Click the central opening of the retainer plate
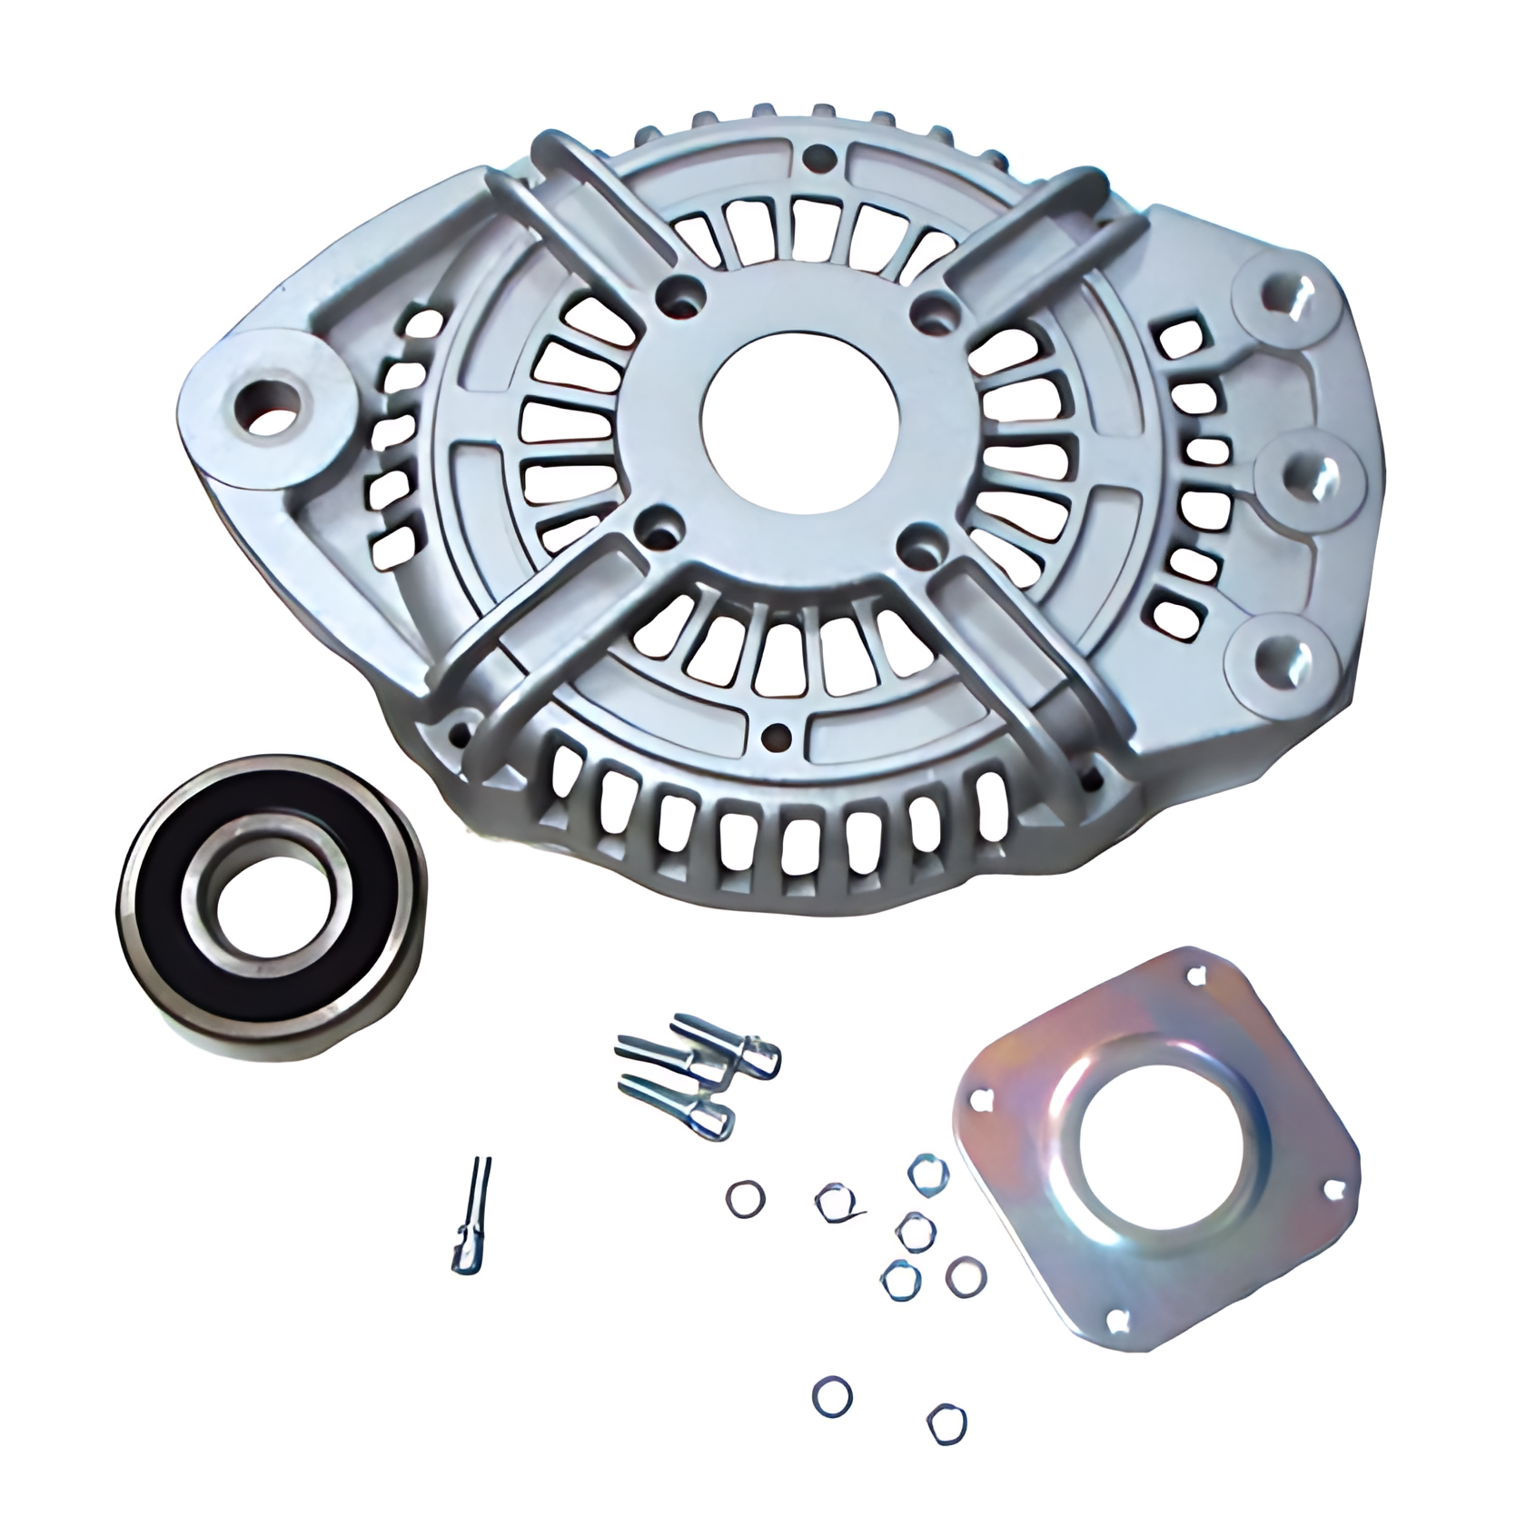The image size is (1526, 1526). [1154, 1150]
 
